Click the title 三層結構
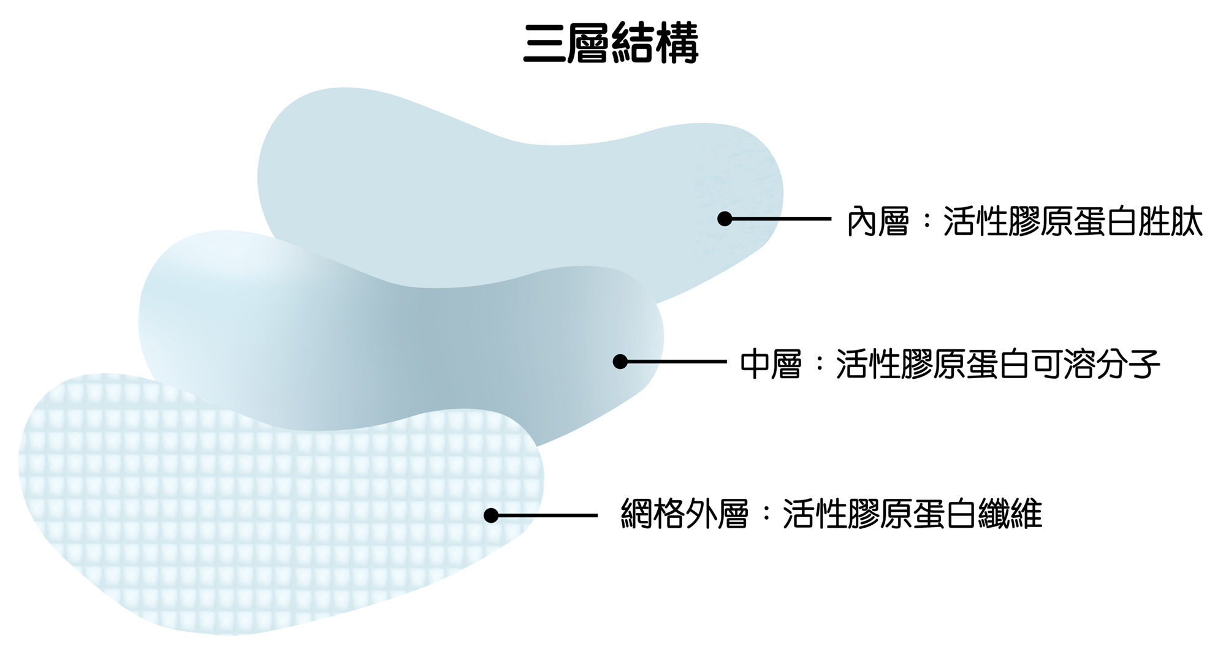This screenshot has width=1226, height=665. [611, 44]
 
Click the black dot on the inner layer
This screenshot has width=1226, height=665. [725, 219]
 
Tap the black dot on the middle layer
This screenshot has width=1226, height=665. [620, 362]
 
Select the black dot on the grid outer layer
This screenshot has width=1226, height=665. [490, 515]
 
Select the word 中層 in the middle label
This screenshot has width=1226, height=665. [771, 365]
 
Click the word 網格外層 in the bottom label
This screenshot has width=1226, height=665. [684, 514]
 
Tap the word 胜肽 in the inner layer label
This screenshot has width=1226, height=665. [1170, 221]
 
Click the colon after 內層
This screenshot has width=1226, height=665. [926, 222]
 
